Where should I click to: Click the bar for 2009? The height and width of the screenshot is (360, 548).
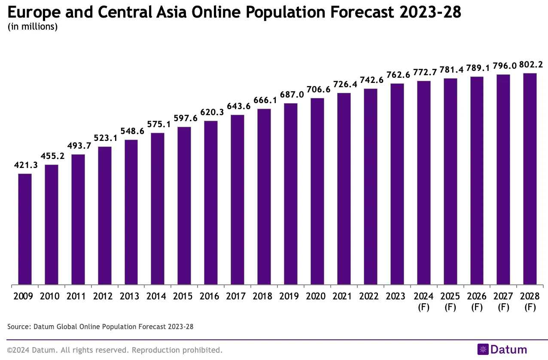pos(25,229)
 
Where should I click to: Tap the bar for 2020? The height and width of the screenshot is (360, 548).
pos(317,191)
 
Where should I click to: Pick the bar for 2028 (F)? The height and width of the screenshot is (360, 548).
pos(530,179)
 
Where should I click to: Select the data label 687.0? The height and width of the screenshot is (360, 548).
pos(291,95)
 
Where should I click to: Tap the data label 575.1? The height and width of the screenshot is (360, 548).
pos(158,125)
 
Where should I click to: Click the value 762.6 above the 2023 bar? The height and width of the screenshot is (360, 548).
pos(397,75)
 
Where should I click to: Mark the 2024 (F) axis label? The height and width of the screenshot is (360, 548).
pos(423,302)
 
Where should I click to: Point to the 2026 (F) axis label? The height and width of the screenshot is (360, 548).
pos(477,302)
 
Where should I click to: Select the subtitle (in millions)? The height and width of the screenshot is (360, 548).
pos(33,27)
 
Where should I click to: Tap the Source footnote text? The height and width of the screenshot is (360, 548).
pos(100,327)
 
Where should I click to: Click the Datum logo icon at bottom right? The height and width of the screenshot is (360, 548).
pos(483,350)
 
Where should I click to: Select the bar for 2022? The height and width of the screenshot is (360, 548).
pos(371,186)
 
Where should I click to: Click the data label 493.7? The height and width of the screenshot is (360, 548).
pos(78,146)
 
